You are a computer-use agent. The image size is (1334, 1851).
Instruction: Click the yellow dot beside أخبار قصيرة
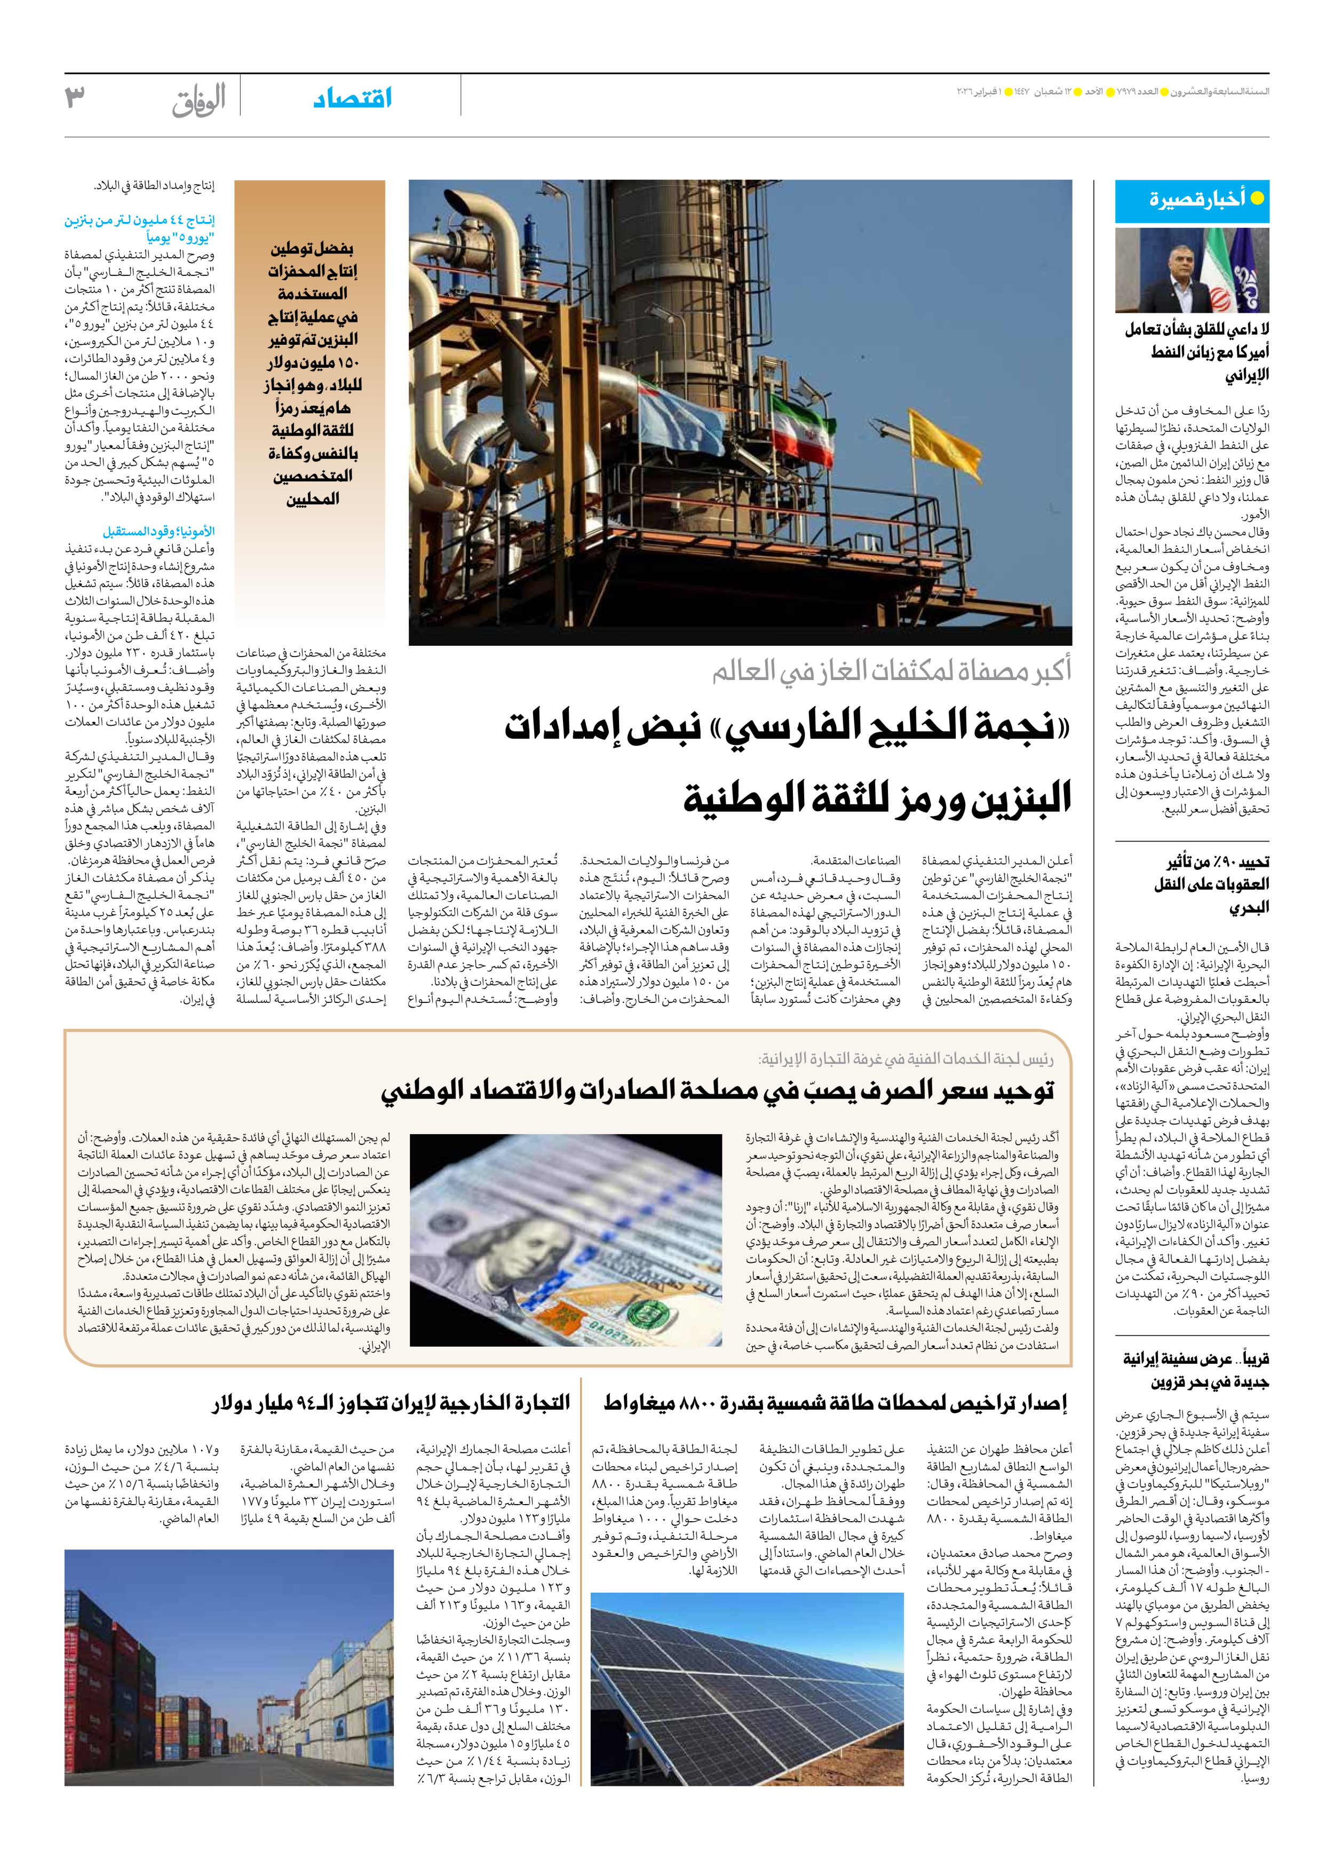tap(1257, 199)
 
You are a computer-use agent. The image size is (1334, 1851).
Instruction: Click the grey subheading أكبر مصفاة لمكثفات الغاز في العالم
tap(891, 671)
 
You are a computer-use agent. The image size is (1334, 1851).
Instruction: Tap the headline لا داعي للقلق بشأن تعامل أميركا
tap(1196, 352)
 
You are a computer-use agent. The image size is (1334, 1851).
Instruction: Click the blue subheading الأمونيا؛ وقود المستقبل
tap(158, 531)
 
